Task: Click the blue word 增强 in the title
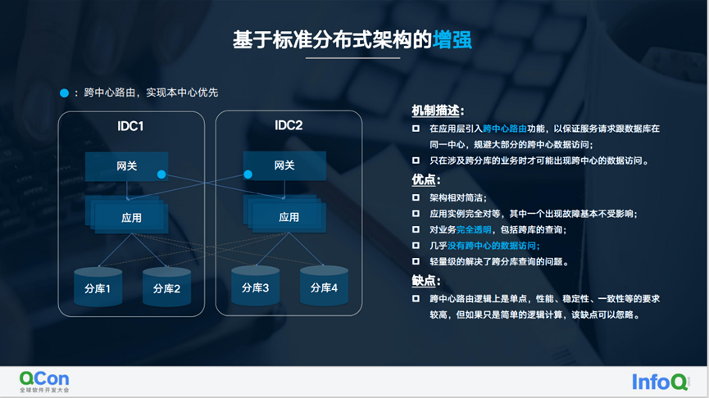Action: click(452, 40)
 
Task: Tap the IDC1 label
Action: click(130, 126)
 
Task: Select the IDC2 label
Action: click(289, 125)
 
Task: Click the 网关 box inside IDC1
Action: click(126, 166)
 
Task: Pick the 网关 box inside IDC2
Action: click(284, 165)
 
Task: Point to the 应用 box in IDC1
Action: click(131, 218)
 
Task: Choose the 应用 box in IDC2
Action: click(289, 217)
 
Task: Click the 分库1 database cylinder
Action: click(98, 287)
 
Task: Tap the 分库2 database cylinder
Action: click(166, 287)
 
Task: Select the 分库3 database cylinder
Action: click(255, 286)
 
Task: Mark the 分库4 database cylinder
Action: click(324, 286)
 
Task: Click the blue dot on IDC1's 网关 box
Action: click(161, 174)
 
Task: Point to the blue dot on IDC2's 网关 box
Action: click(248, 174)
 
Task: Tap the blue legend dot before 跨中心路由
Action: click(64, 93)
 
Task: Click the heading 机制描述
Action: click(435, 111)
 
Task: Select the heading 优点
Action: click(424, 180)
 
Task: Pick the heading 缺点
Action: click(424, 281)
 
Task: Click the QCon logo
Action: click(44, 382)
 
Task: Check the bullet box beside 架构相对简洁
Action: click(416, 197)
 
